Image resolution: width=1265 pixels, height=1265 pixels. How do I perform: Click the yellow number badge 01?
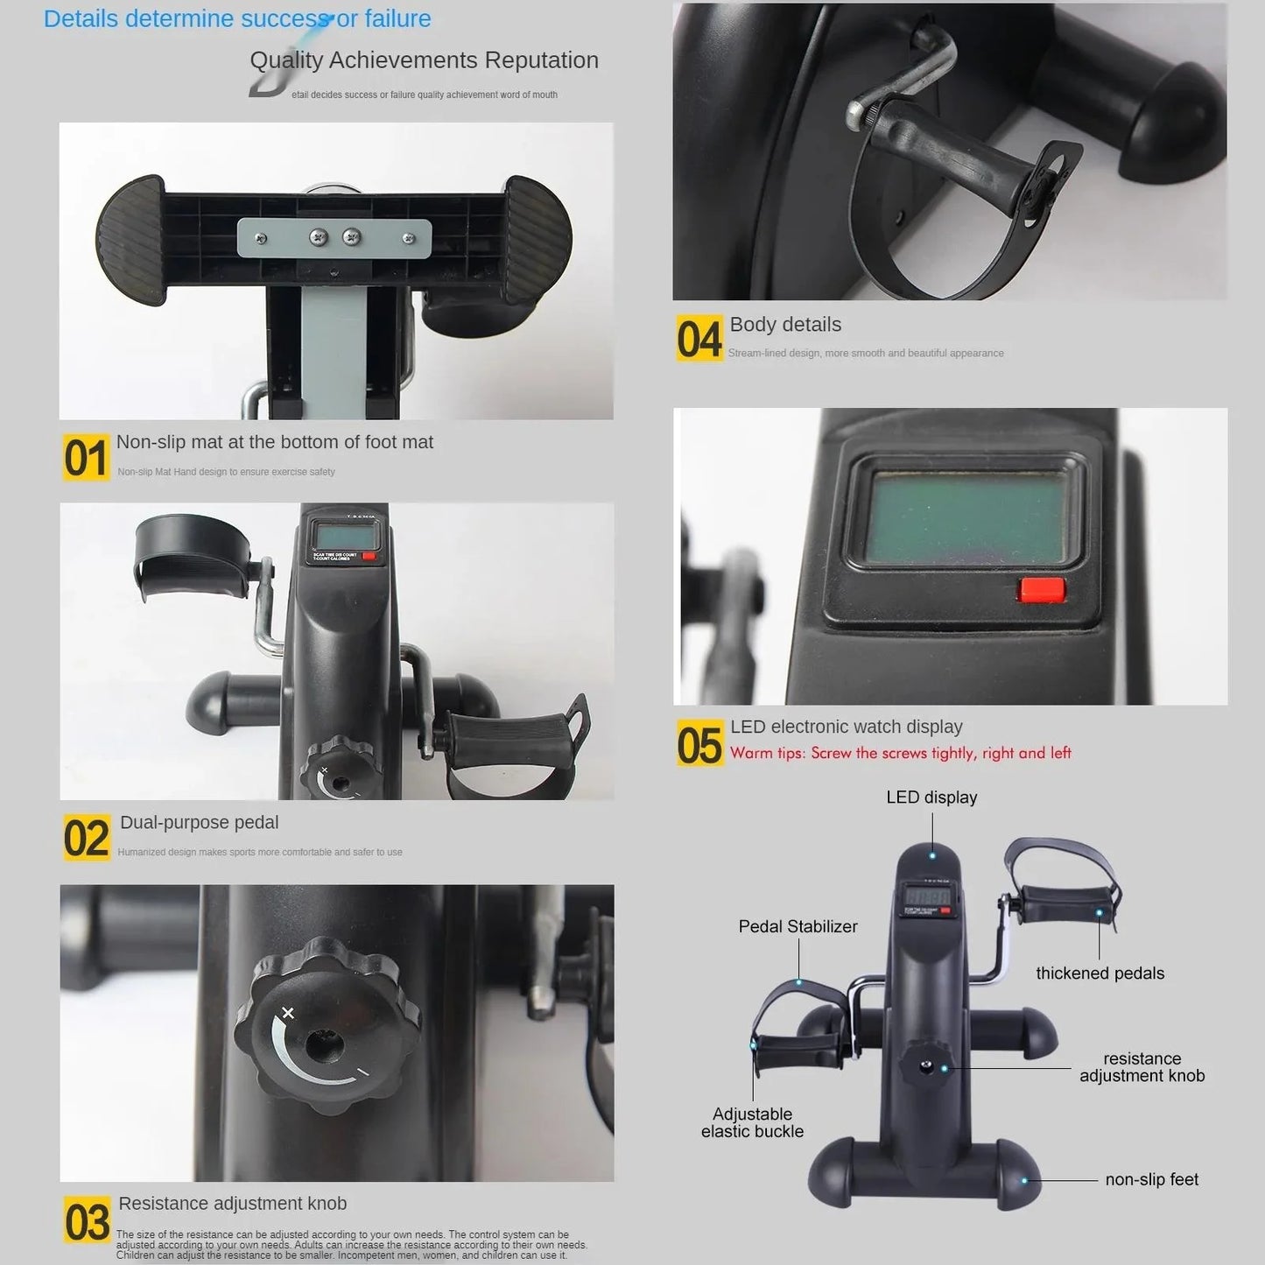pos(86,457)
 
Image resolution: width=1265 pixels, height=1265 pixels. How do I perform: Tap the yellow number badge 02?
pos(86,838)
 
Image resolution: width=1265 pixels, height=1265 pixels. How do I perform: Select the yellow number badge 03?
pos(87,1221)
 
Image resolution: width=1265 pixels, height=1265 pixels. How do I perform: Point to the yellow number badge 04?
pos(699,339)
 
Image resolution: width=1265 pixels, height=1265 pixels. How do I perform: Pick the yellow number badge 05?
pos(699,744)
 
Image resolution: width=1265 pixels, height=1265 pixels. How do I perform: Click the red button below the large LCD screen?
pos(1041,589)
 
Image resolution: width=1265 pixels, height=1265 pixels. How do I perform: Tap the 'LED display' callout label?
pos(931,798)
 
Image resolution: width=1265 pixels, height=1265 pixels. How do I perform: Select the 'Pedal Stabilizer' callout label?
pos(798,926)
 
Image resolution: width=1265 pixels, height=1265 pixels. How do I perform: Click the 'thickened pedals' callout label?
pos(1100,973)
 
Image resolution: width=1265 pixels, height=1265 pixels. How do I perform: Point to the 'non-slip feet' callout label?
pos(1151,1180)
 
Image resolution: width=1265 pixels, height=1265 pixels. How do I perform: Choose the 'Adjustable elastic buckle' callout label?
pos(752,1122)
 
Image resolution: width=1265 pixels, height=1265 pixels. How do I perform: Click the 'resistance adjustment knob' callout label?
pos(1142,1067)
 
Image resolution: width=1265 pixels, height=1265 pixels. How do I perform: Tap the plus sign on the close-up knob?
pos(288,1014)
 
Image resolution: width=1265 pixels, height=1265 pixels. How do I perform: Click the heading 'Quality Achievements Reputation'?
pos(424,60)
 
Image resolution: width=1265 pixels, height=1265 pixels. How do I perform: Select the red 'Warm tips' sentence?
pos(900,754)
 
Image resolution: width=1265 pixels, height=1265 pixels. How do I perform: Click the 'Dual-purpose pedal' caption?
pos(199,823)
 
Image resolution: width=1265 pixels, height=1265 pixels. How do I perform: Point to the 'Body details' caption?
pos(785,325)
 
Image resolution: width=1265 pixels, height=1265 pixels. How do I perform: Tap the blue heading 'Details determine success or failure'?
pos(237,18)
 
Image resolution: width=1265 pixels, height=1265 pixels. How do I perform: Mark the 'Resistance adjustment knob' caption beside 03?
pos(232,1204)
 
